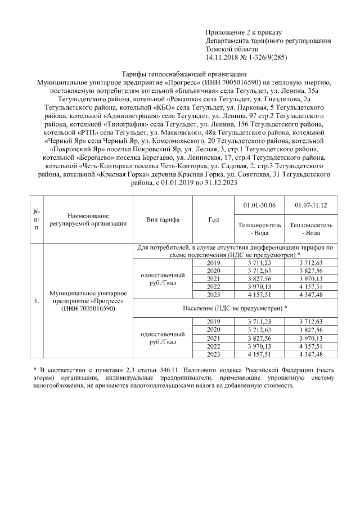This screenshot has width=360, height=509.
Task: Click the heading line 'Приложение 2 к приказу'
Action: [244, 33]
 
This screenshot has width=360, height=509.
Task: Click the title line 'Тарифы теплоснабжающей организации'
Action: [184, 74]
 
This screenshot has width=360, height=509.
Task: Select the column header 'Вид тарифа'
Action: [163, 219]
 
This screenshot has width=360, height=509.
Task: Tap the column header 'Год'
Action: [214, 219]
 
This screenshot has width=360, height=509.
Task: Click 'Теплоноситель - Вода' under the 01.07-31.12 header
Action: [310, 229]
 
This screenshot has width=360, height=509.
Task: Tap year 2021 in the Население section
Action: [214, 338]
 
